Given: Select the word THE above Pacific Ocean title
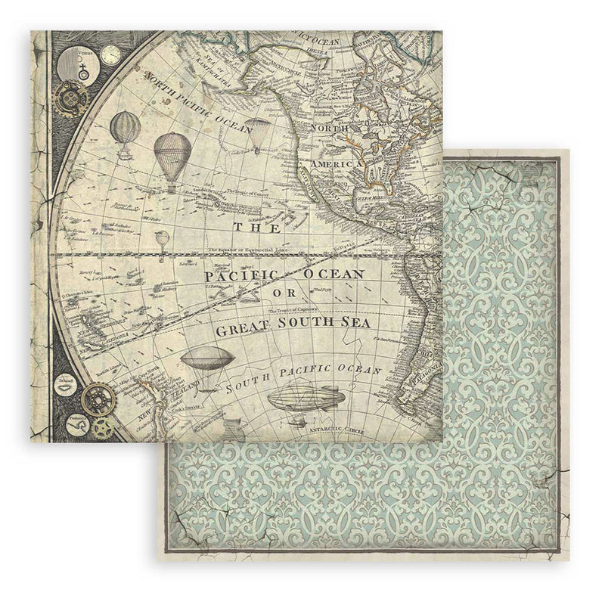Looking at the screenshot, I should tap(246, 227).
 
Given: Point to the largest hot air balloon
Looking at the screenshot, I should tap(171, 157).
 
